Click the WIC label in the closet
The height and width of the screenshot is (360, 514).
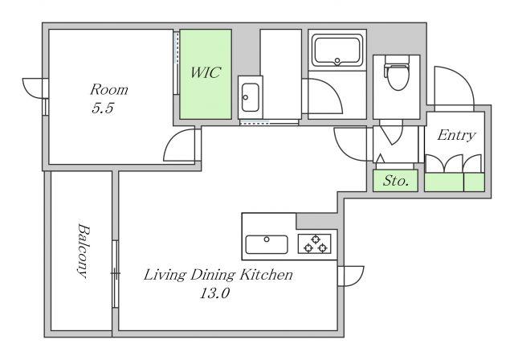(x=206, y=72)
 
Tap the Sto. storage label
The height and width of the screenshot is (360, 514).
(x=396, y=180)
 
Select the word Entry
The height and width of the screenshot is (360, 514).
(x=456, y=135)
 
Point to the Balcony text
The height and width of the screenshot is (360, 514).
(x=83, y=251)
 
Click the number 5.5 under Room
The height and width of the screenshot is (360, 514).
(x=103, y=108)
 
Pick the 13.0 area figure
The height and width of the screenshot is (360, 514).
(x=214, y=293)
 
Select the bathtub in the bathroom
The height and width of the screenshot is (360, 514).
(x=337, y=51)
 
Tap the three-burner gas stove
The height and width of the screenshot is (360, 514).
(x=314, y=244)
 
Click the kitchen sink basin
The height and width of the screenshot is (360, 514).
(x=267, y=244)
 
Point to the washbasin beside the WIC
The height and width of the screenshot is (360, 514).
(x=250, y=97)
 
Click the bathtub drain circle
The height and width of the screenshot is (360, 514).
(x=337, y=60)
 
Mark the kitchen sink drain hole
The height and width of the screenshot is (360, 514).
(x=267, y=239)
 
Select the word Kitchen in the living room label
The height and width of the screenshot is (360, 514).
(x=266, y=275)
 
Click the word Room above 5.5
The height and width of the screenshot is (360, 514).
(x=109, y=89)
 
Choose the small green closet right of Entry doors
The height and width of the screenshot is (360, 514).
(x=475, y=182)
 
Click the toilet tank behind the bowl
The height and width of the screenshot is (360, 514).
(x=397, y=59)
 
